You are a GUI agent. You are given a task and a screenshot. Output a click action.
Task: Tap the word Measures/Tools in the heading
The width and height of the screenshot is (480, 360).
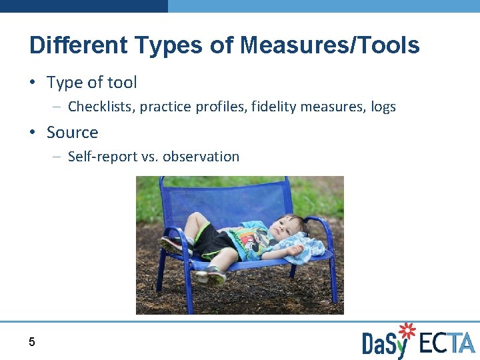(x=329, y=45)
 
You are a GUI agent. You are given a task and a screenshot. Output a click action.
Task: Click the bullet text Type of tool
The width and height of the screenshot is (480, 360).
(x=91, y=83)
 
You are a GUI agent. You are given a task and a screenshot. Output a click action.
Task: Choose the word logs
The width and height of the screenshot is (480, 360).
(x=383, y=107)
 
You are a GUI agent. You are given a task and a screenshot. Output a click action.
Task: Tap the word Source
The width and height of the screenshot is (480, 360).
(x=72, y=133)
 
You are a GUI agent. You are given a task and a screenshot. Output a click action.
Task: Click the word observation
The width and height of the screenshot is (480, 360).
(x=201, y=157)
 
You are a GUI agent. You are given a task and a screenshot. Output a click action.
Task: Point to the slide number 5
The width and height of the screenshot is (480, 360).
(x=31, y=343)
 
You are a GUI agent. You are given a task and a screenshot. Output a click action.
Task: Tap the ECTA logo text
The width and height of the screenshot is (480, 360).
(x=447, y=343)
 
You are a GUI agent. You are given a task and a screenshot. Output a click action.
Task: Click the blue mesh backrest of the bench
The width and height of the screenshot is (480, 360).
(x=227, y=200)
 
